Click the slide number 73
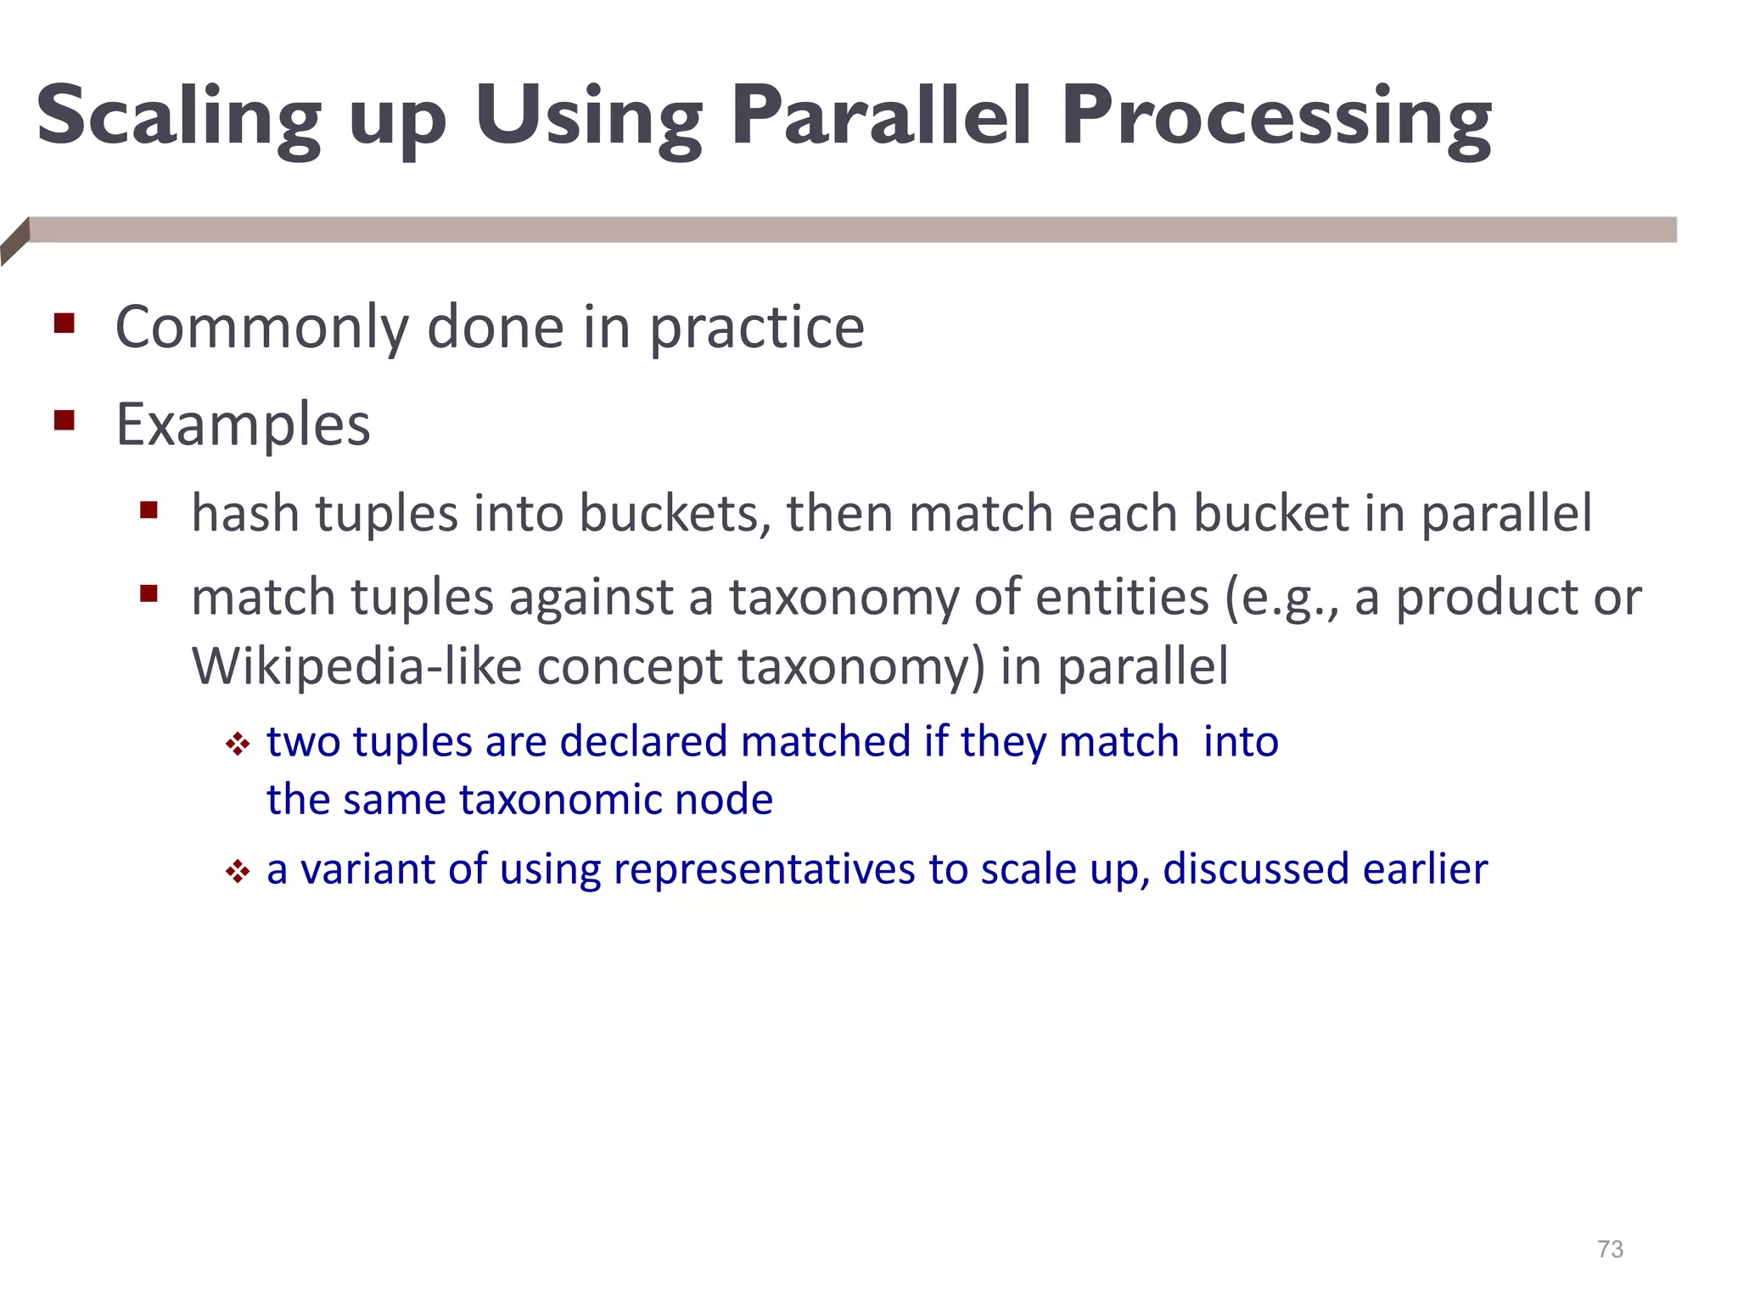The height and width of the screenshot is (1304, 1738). pos(1610,1249)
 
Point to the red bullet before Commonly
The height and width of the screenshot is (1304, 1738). pos(64,323)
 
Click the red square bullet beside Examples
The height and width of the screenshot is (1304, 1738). pos(64,420)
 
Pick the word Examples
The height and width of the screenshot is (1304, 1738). pos(243,424)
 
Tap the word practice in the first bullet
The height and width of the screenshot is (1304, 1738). pos(757,329)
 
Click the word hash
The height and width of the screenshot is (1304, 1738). pos(245,513)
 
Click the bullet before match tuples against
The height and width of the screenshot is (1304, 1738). pos(149,593)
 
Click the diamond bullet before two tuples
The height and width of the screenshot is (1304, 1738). pos(238,745)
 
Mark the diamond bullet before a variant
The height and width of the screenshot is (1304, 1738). pos(238,871)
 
